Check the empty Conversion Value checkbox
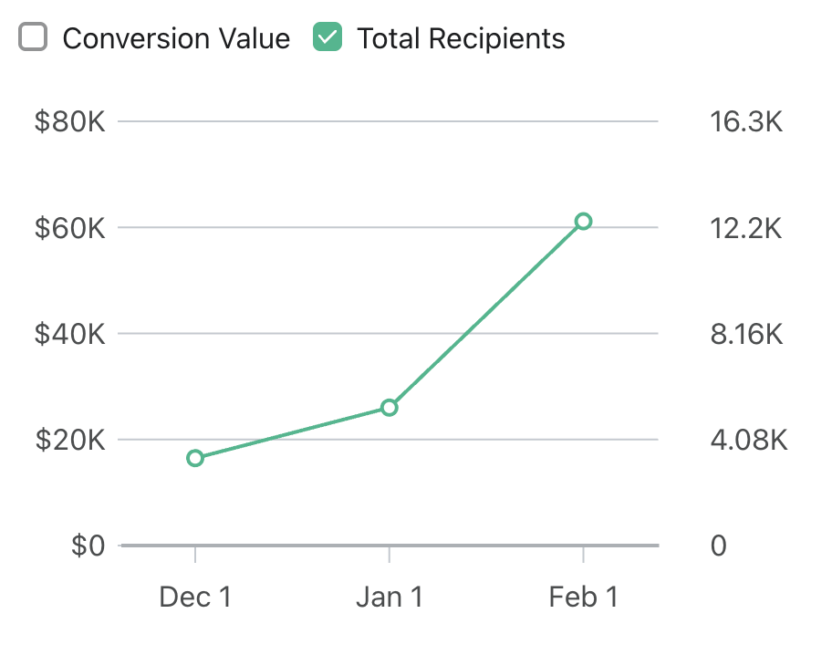(x=33, y=38)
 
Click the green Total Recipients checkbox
(x=327, y=38)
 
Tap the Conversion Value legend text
(x=176, y=39)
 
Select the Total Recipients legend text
(x=461, y=39)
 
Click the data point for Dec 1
(x=195, y=458)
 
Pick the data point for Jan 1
(x=390, y=408)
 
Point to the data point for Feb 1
(x=584, y=221)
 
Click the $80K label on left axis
(x=69, y=121)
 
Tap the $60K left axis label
(x=69, y=228)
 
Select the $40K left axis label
(x=69, y=334)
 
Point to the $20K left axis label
(x=69, y=441)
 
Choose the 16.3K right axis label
(x=746, y=121)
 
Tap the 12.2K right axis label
(x=746, y=228)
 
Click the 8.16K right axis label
(x=746, y=334)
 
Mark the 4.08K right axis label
(x=748, y=441)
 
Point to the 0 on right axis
(x=719, y=546)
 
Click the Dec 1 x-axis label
(x=195, y=598)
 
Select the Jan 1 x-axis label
(x=390, y=598)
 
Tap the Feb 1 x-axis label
(x=584, y=598)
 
